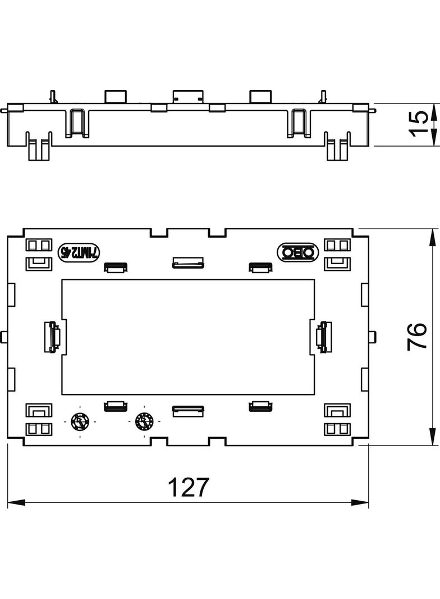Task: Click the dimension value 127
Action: tap(188, 488)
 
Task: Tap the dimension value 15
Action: tap(418, 124)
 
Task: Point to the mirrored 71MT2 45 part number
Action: tap(79, 253)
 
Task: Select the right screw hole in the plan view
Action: tap(144, 420)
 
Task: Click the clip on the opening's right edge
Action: tap(323, 337)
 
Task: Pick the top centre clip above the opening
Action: tap(187, 263)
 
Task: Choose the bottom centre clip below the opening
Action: tap(187, 411)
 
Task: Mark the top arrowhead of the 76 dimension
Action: tap(432, 237)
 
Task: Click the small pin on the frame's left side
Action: tap(4, 337)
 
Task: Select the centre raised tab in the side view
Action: tap(187, 96)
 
